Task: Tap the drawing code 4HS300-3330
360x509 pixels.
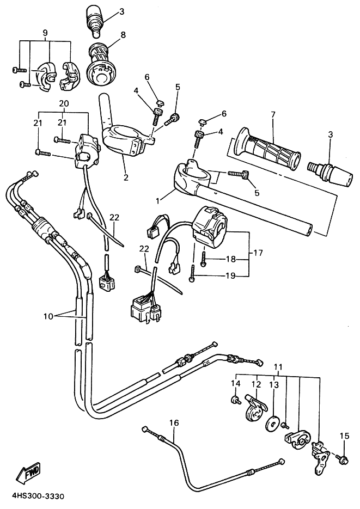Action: (x=38, y=496)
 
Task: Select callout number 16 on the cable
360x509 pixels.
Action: (x=174, y=423)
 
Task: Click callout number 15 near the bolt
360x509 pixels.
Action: (x=344, y=436)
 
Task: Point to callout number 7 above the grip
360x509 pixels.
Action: (x=273, y=114)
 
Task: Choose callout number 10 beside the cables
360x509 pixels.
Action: (x=48, y=316)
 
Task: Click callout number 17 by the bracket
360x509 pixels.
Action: (x=258, y=252)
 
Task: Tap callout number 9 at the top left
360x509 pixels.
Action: (x=45, y=33)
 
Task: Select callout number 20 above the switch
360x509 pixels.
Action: (x=64, y=103)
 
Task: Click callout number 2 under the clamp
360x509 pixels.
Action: (x=126, y=177)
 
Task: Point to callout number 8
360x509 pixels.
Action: (x=123, y=34)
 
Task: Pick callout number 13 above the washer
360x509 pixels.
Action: (x=274, y=385)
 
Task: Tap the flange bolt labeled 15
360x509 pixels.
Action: (x=343, y=459)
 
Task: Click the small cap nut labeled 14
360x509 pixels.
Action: (x=235, y=400)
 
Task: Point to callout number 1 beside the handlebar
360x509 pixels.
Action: (x=158, y=201)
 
